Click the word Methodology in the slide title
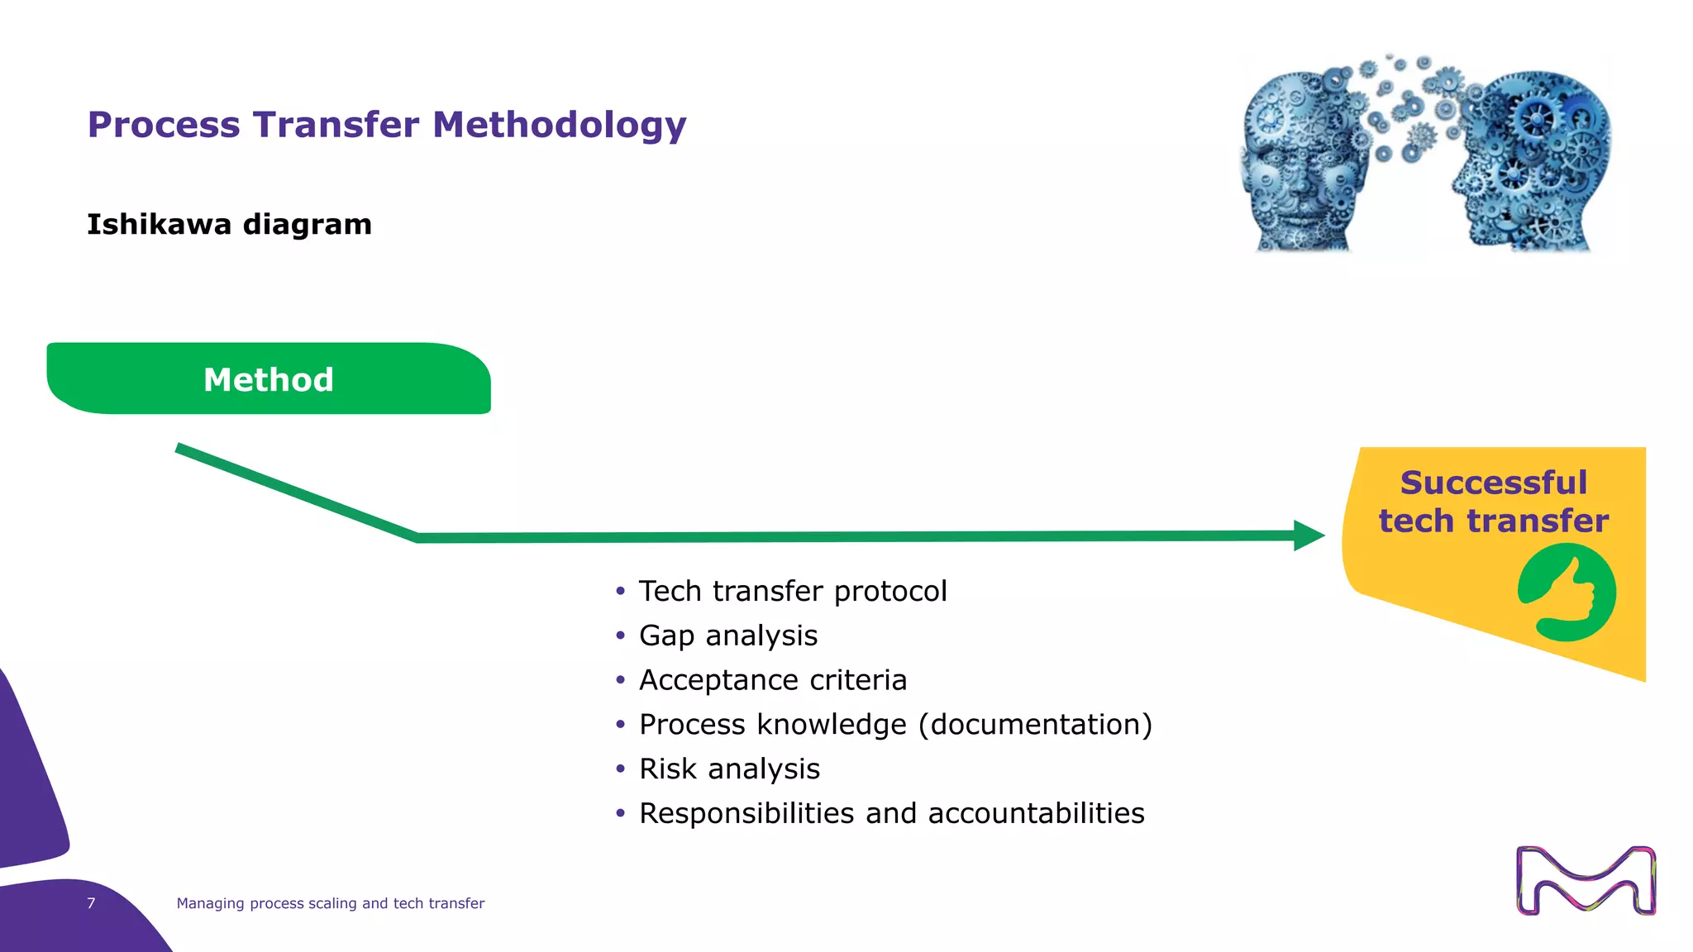point(559,126)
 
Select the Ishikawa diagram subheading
point(229,225)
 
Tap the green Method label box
point(269,379)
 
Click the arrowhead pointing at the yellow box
point(1309,535)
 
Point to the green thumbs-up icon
point(1567,593)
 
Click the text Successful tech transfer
point(1493,502)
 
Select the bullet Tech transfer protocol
point(792,591)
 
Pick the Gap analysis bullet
point(727,635)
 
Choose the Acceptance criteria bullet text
point(772,680)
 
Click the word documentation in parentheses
point(1035,725)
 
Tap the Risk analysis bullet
point(729,769)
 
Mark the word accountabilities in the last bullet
point(1036,813)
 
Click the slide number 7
point(91,903)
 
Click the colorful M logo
point(1586,880)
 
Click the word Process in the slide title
point(164,126)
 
